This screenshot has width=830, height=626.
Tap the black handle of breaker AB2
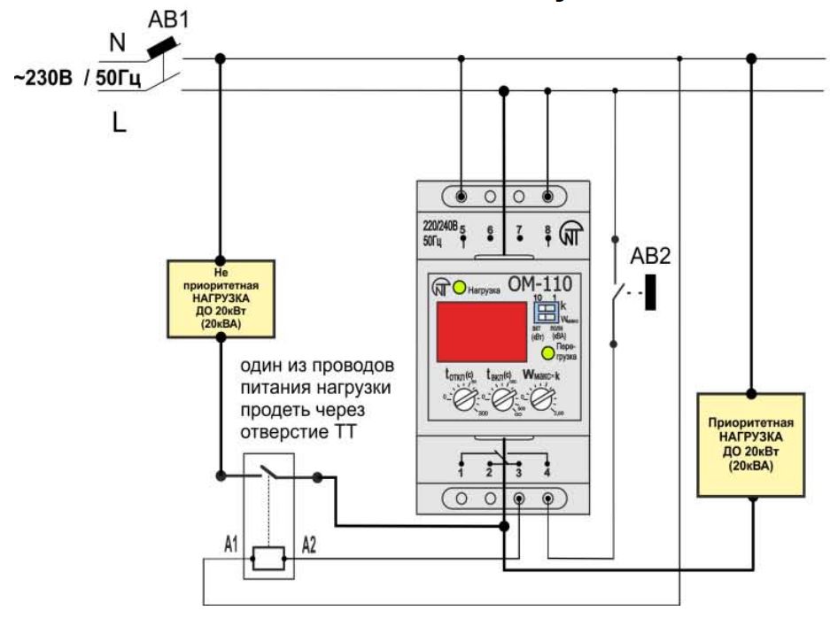pos(651,291)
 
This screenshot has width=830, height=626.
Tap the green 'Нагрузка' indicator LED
pos(459,288)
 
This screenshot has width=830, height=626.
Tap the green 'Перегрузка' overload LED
pos(549,354)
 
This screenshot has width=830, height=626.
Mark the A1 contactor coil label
pos(229,545)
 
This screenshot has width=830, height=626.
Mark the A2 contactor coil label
pos(309,545)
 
